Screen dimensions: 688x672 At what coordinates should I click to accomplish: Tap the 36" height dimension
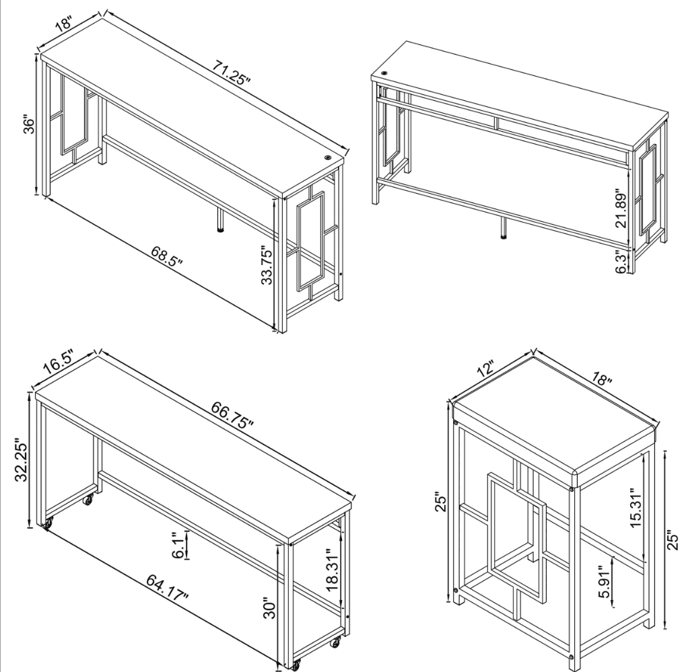pos(29,125)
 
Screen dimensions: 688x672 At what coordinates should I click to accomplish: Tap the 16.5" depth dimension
pos(59,362)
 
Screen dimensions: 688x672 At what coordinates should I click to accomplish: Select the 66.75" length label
pos(232,414)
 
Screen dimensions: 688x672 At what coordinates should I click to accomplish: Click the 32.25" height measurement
pos(22,460)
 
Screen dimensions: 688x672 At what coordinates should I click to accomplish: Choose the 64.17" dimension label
pos(167,587)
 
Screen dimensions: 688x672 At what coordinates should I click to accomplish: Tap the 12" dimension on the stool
pos(485,368)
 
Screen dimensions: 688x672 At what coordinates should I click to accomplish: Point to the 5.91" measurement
pos(605,581)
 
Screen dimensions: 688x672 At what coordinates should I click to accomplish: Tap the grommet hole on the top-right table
pos(385,73)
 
